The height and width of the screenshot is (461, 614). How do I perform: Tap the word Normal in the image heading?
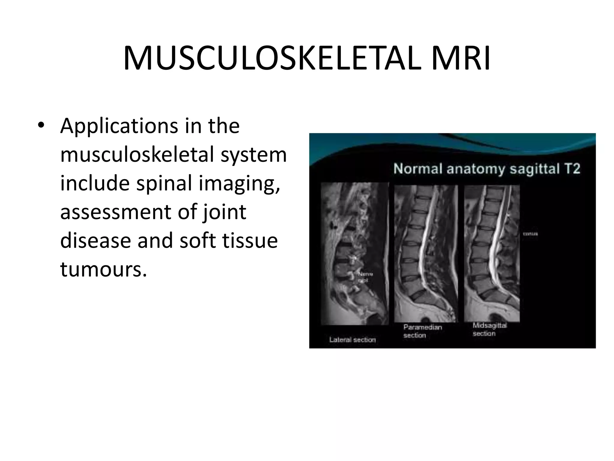418,169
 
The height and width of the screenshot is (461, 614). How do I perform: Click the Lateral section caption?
353,340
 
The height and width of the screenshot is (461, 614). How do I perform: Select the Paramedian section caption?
422,331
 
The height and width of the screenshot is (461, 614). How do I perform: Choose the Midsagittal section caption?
490,329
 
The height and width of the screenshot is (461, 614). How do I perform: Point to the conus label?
530,234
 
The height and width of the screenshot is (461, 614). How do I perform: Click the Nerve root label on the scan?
365,277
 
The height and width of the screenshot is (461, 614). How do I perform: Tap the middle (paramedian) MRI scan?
426,254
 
